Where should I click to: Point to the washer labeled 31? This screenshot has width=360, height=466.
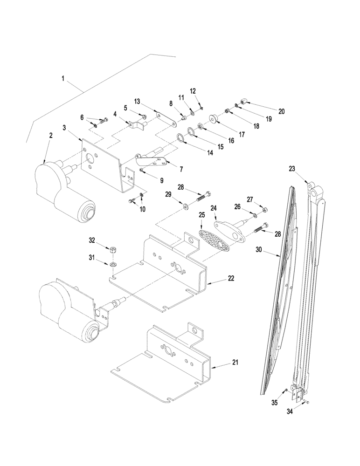tap(113, 265)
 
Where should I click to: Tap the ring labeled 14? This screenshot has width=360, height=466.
tap(180, 137)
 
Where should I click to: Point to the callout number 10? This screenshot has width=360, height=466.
tap(142, 210)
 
